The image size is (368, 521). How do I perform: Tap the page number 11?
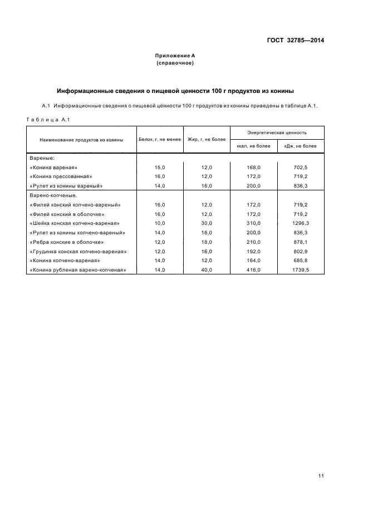(x=321, y=475)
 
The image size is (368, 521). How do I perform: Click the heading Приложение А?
(x=175, y=56)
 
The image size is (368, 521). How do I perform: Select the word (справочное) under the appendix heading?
(x=175, y=63)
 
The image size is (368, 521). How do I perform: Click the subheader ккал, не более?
(x=253, y=146)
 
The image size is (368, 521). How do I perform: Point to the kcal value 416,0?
(x=253, y=270)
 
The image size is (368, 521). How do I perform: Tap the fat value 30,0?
(x=207, y=223)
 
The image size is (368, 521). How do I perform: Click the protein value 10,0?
(x=160, y=223)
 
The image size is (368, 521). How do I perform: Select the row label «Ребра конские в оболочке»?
(x=68, y=242)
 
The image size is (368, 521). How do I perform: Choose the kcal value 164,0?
(x=253, y=260)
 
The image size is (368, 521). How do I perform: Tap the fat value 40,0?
(x=207, y=270)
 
